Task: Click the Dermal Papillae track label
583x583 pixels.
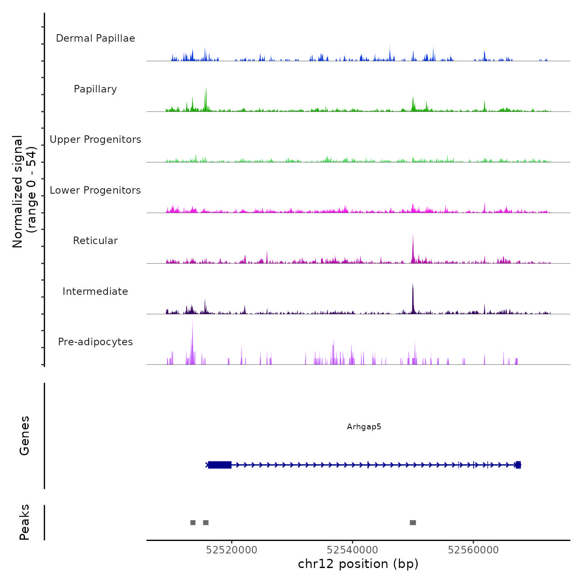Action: pyautogui.click(x=95, y=38)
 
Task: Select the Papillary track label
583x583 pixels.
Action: pyautogui.click(x=95, y=89)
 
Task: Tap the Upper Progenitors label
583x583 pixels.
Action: pyautogui.click(x=95, y=140)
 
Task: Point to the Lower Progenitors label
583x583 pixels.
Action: pyautogui.click(x=95, y=190)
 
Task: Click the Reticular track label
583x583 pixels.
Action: pyautogui.click(x=95, y=241)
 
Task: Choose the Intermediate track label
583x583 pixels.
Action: pyautogui.click(x=95, y=291)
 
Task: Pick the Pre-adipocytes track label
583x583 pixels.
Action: pyautogui.click(x=95, y=342)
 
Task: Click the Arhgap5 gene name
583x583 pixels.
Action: pyautogui.click(x=364, y=427)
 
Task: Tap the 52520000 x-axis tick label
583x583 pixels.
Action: pyautogui.click(x=232, y=550)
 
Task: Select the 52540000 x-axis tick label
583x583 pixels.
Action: pyautogui.click(x=352, y=550)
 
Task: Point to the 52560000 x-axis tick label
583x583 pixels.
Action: pyautogui.click(x=473, y=550)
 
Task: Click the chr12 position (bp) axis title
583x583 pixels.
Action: pyautogui.click(x=358, y=564)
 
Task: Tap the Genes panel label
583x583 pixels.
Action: pyautogui.click(x=25, y=436)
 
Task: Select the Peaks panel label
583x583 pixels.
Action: pyautogui.click(x=25, y=522)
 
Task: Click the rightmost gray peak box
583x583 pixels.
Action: pyautogui.click(x=413, y=523)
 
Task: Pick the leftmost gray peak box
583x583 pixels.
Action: pyautogui.click(x=193, y=523)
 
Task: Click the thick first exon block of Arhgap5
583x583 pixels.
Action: pyautogui.click(x=220, y=465)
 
